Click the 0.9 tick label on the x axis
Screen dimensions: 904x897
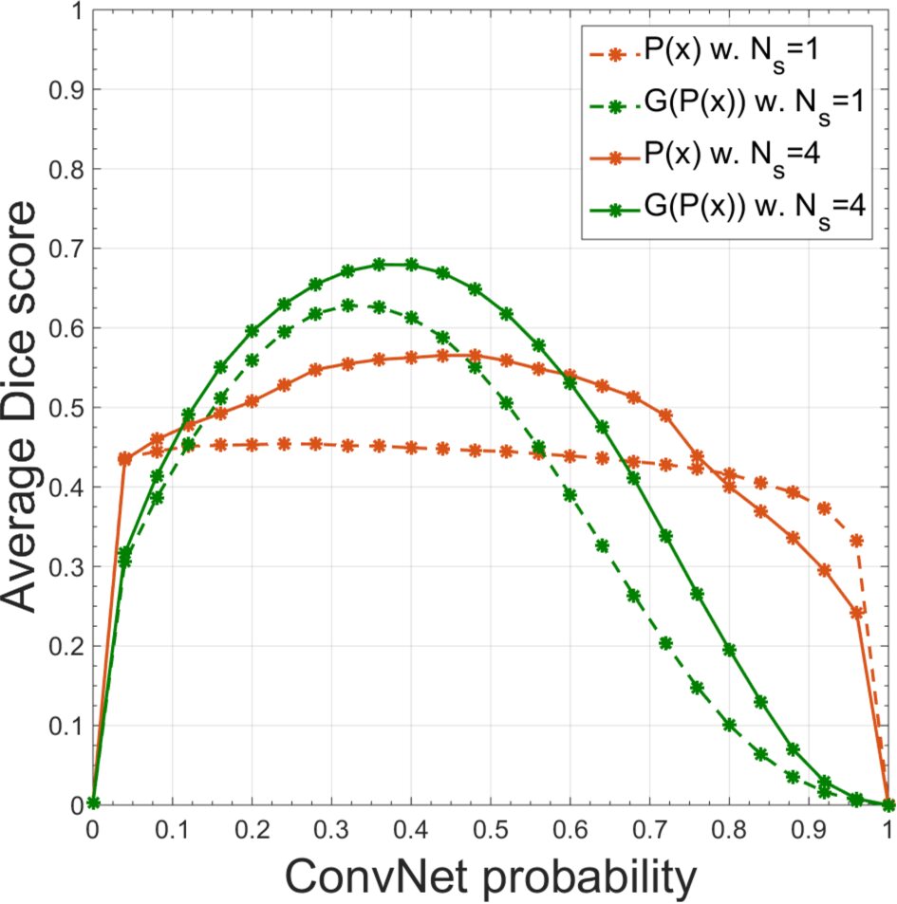coord(808,828)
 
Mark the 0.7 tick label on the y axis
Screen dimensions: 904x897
coord(64,249)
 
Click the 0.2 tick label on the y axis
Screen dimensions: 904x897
coord(64,645)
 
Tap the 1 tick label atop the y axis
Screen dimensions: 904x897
coord(74,11)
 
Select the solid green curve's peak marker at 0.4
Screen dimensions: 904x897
coord(411,265)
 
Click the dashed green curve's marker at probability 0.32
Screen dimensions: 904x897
coord(347,304)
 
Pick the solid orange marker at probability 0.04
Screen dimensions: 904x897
coord(124,458)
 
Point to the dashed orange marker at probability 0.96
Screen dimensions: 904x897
coord(856,541)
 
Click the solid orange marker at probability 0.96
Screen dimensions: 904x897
coord(856,612)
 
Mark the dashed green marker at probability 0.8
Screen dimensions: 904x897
coord(729,724)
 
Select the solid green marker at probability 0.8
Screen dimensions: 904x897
coord(729,650)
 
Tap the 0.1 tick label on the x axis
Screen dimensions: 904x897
coord(172,828)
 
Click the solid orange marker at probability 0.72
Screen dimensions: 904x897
coord(665,415)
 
